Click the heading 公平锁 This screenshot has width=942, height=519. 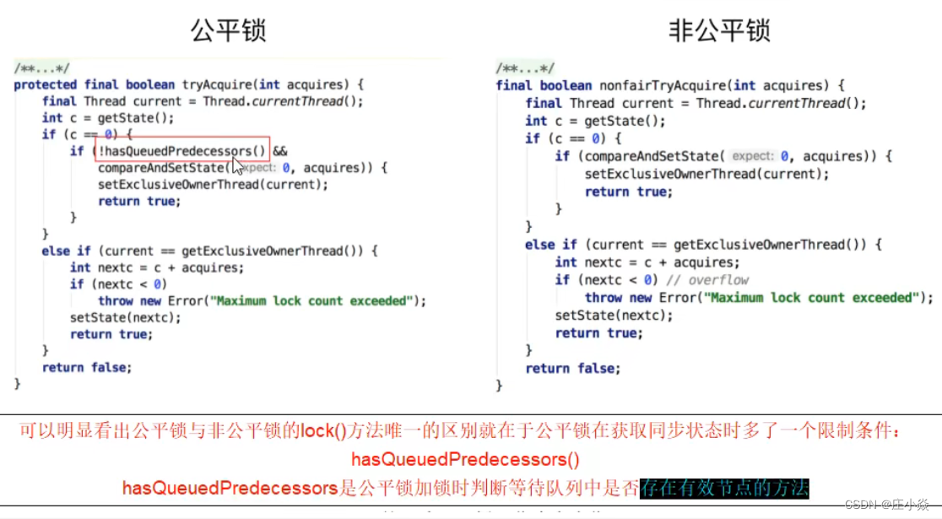pos(228,31)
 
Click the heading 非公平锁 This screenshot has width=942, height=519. pos(720,31)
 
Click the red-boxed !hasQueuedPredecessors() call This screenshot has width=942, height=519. pos(181,151)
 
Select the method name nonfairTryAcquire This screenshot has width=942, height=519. pos(662,85)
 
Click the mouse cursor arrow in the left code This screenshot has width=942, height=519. pos(239,165)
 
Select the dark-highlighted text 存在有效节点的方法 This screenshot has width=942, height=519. pos(724,488)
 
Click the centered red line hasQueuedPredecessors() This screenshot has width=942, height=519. pos(466,460)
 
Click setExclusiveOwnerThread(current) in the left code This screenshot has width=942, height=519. pos(212,184)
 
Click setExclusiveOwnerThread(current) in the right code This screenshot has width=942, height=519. pos(706,174)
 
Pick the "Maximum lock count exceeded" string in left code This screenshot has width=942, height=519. pos(312,300)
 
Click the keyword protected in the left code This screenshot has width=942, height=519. pos(46,84)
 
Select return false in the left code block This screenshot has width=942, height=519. pos(87,367)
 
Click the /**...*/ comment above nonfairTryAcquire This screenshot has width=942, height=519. pos(525,68)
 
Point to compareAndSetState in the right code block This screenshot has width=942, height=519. pos(647,156)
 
